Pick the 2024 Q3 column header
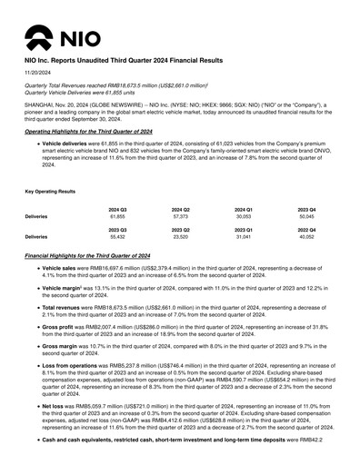(116, 210)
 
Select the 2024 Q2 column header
(180, 210)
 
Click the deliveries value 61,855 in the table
(116, 218)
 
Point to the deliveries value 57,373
(180, 218)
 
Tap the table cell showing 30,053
(244, 218)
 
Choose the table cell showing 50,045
(306, 218)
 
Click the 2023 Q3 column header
(116, 228)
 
